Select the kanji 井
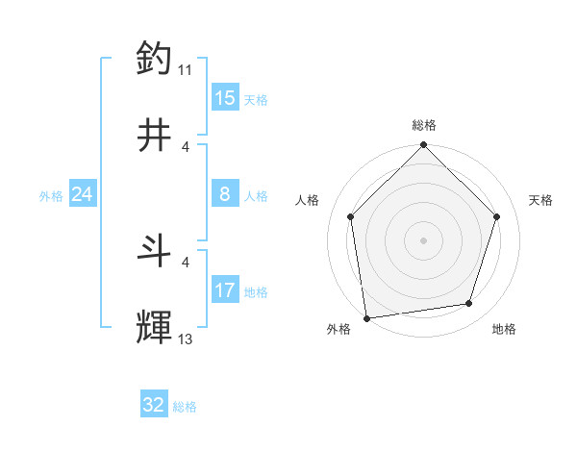[155, 136]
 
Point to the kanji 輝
[155, 327]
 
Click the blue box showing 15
[225, 97]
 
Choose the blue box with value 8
[225, 194]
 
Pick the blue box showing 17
[225, 289]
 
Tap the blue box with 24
[82, 194]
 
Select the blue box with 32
[154, 405]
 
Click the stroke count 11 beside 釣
[185, 69]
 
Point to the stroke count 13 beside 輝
[185, 339]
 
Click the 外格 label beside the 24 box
[51, 195]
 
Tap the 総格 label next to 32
[185, 407]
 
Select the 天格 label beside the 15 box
[255, 99]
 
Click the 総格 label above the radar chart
[424, 125]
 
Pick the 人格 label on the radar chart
[307, 200]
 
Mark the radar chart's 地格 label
[504, 329]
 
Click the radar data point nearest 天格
[497, 216]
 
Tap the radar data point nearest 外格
[366, 317]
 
